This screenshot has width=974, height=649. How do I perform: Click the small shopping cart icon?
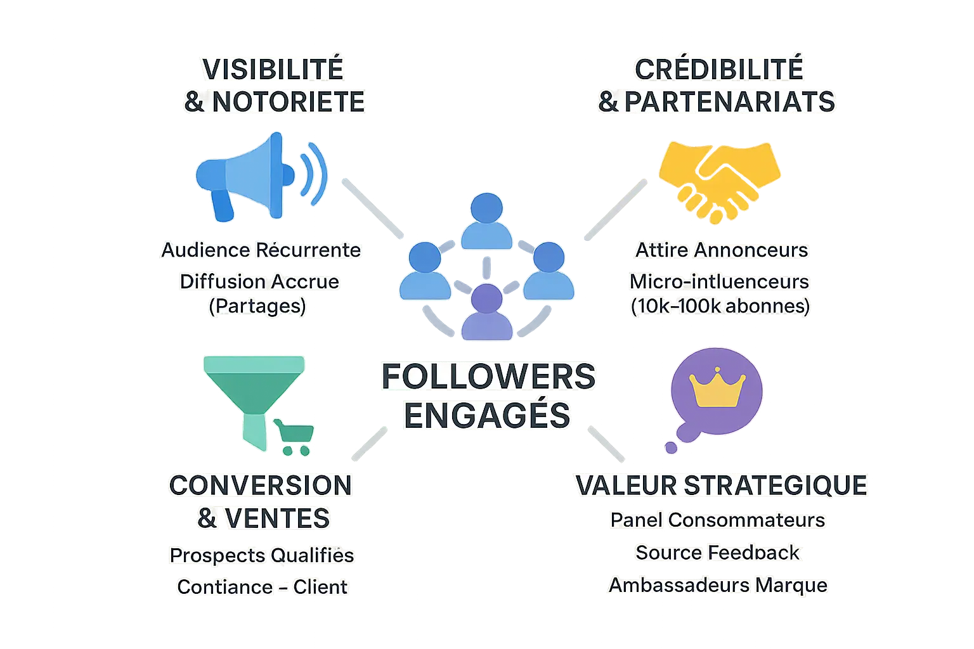(294, 437)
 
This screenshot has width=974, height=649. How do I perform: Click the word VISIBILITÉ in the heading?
(273, 69)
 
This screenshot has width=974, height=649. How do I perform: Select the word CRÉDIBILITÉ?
(719, 69)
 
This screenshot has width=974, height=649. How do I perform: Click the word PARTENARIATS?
(730, 102)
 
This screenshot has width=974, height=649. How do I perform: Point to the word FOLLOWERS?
(488, 377)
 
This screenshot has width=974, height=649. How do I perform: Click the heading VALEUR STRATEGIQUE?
(721, 485)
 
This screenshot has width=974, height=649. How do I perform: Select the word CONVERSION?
(260, 485)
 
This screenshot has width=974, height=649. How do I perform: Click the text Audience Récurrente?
(261, 250)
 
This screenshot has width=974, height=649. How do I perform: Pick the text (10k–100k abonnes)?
(720, 306)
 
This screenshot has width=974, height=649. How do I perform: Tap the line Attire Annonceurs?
(722, 250)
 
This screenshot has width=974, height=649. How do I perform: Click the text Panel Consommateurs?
(718, 520)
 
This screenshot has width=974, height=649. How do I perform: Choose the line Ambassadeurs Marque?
(718, 584)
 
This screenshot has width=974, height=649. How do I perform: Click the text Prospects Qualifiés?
(261, 555)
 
